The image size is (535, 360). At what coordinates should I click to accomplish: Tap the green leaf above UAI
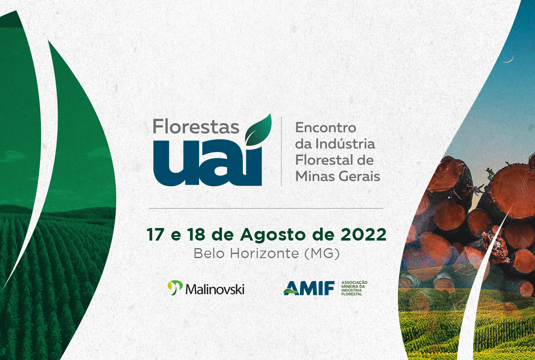259,130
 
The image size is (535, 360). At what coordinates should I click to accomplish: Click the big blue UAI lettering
208,163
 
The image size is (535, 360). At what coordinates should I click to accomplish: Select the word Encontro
326,128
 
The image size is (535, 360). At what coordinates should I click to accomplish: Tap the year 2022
363,235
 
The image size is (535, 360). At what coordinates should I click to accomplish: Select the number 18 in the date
196,235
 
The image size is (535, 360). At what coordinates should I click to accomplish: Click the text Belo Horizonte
246,254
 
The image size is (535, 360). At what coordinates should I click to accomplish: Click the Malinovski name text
215,289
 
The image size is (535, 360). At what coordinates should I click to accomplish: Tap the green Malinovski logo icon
175,287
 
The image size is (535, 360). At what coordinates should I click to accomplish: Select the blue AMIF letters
309,288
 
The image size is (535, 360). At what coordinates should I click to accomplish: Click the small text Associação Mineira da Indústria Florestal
354,288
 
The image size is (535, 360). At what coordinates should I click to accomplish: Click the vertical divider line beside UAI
281,151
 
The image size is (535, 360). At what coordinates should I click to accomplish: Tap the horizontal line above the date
266,208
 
